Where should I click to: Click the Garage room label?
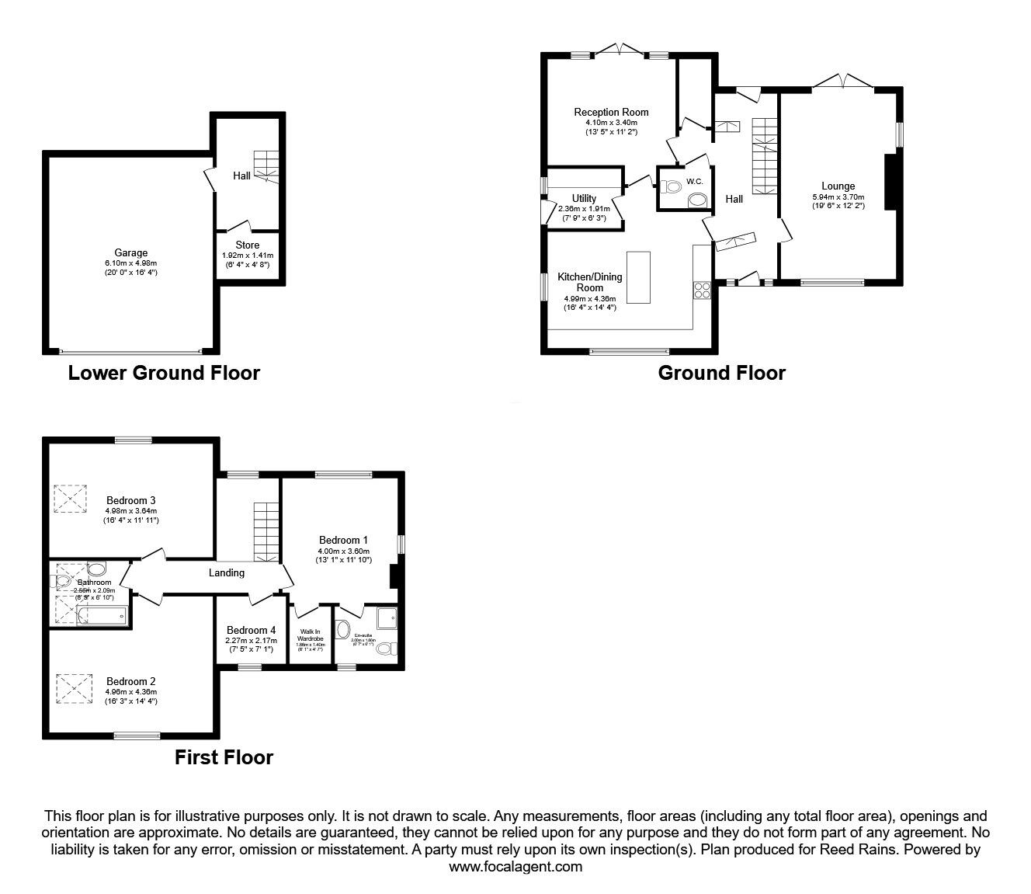131,252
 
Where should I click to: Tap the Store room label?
248,245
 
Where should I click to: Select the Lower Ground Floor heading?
164,373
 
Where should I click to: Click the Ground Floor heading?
721,374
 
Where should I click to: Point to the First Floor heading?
224,757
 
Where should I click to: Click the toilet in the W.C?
671,186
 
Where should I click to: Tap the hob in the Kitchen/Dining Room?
702,290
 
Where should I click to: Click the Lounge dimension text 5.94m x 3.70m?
838,197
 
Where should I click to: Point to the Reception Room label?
611,112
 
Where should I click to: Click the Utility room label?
584,198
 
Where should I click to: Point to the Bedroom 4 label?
251,630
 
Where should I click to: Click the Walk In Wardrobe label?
310,635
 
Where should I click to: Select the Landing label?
227,572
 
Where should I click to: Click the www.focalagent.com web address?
515,867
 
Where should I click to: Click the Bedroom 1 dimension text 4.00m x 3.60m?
343,550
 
